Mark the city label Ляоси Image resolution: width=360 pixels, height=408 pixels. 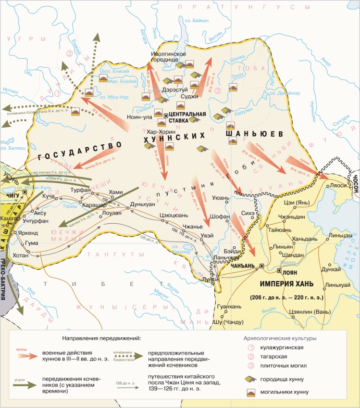tap(336, 185)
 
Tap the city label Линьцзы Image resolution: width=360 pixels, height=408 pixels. tap(341, 236)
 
